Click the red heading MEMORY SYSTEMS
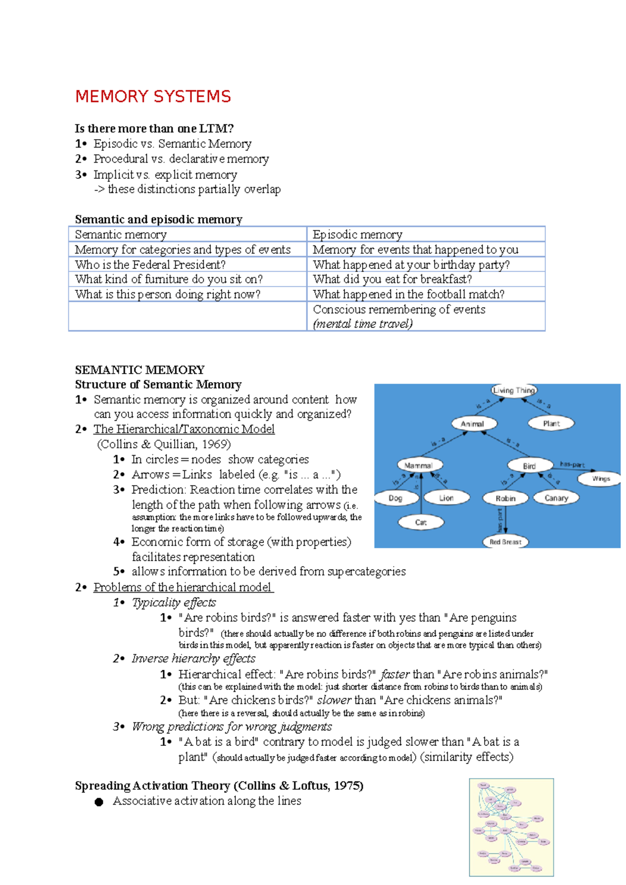153,96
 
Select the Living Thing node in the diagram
514,390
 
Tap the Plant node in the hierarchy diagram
551,423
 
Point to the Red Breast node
505,542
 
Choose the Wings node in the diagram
601,478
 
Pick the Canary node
556,498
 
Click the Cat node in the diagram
421,522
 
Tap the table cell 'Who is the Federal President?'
150,264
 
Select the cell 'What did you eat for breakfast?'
392,279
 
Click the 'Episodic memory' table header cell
357,234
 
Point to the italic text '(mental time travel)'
363,324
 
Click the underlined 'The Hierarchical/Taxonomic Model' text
184,429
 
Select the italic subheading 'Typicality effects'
174,602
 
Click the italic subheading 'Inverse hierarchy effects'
193,658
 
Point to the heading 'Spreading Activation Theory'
152,785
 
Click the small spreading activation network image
511,827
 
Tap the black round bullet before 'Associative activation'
99,802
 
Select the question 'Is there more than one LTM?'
154,128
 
